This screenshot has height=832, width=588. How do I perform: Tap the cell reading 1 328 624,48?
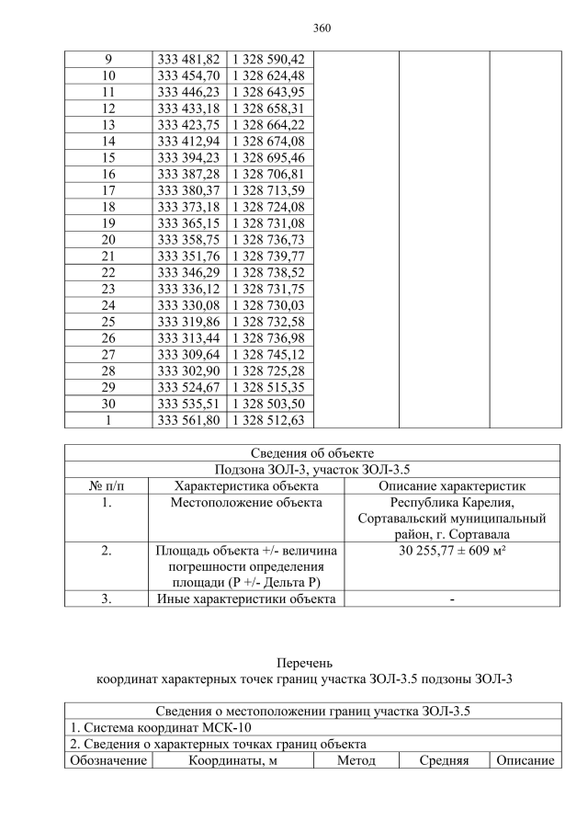(x=271, y=75)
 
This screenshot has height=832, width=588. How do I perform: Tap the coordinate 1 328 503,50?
(x=271, y=404)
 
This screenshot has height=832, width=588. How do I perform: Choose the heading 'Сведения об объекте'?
(x=312, y=453)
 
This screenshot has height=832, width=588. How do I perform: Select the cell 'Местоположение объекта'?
(x=246, y=503)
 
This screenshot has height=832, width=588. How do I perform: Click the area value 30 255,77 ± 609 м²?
(x=451, y=551)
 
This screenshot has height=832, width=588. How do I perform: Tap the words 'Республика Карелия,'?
(x=451, y=503)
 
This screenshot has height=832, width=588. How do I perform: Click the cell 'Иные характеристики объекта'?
(x=246, y=599)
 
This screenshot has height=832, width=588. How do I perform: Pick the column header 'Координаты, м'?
(x=233, y=761)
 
